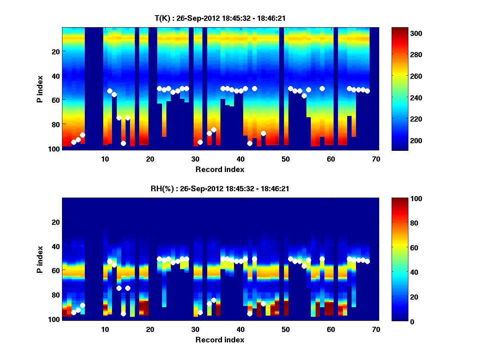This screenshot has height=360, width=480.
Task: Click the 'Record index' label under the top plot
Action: click(220, 169)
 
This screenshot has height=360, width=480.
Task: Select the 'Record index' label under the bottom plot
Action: click(220, 340)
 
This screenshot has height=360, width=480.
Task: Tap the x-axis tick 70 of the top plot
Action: click(376, 158)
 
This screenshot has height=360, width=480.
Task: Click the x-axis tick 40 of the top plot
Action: click(240, 158)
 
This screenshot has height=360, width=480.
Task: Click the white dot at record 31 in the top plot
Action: click(200, 142)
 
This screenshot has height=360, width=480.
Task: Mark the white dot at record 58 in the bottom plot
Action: click(322, 259)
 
